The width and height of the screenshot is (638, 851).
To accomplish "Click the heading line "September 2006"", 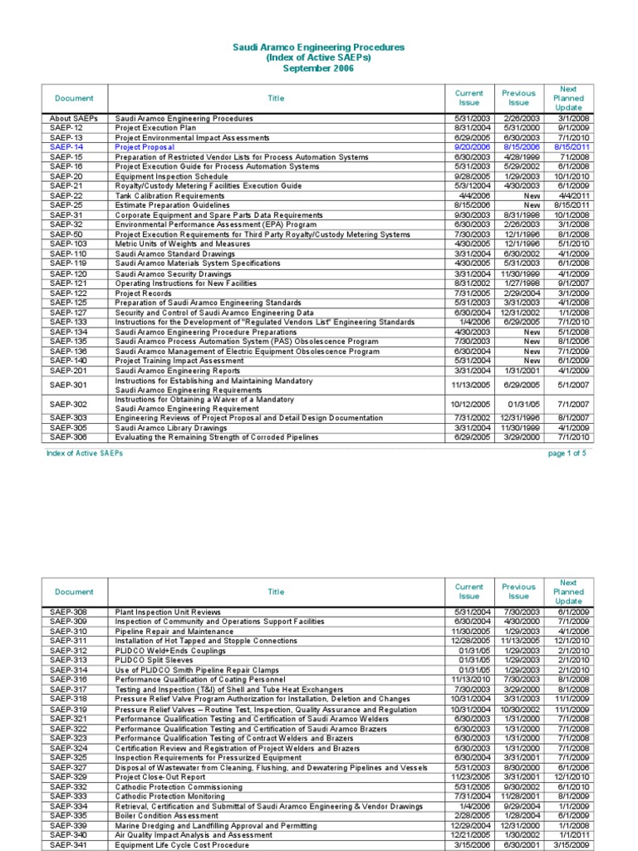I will pos(318,70).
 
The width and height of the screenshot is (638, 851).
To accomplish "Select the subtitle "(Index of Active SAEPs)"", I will pos(318,59).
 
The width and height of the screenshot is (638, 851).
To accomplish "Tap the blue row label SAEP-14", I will pos(66,147).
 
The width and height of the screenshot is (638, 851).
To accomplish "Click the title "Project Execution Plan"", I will pos(155,128).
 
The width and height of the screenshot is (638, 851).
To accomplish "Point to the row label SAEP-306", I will pos(68,437).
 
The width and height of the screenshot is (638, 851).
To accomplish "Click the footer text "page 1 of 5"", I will pos(567,454).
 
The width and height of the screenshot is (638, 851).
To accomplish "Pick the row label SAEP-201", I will pos(68,371).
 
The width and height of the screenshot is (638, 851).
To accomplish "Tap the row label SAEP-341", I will pos(68,844).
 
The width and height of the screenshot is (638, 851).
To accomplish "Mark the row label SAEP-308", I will pos(68,612).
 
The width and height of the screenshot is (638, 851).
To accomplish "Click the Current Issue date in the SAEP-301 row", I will pos(469,385).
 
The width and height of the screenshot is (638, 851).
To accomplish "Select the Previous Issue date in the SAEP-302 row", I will pos(518,404).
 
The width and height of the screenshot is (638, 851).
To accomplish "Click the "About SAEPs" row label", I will pos(73,119).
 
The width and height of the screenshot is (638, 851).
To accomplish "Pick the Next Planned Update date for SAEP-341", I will pos(569,844).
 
